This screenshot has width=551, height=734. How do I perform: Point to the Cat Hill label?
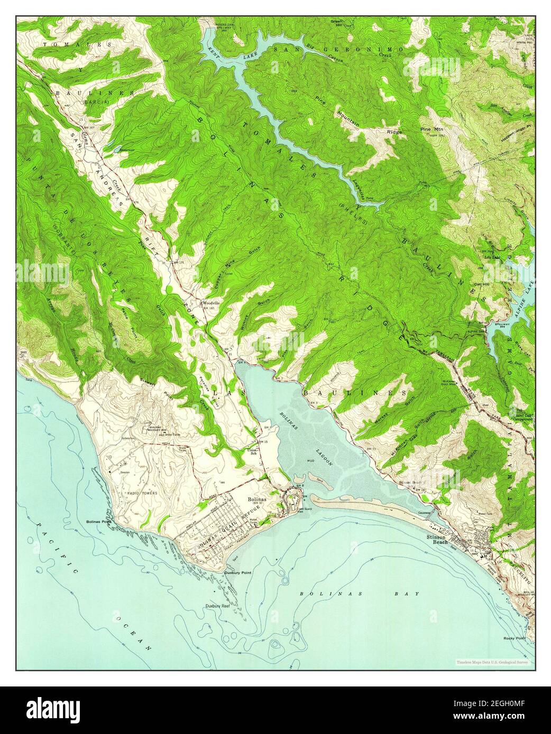click(x=480, y=284)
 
